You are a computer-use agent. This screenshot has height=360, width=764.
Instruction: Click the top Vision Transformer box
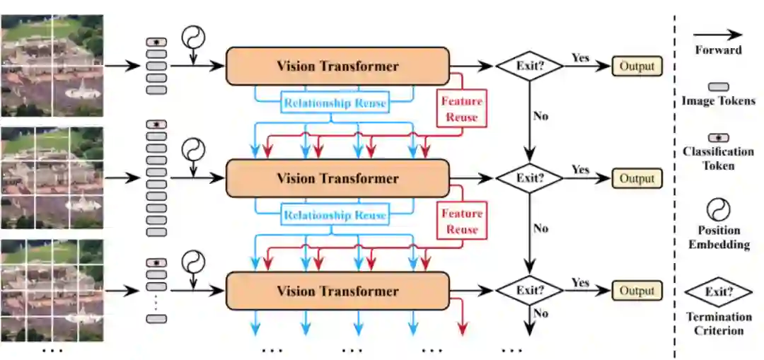(x=337, y=66)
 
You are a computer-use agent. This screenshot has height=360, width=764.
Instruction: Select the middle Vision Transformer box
(x=337, y=178)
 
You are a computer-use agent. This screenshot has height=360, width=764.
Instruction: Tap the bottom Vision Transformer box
(x=337, y=291)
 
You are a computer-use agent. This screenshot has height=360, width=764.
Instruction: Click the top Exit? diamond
(x=529, y=66)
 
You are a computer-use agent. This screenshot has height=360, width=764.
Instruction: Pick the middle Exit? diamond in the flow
(x=529, y=178)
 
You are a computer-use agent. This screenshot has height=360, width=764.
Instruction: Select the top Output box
(x=637, y=66)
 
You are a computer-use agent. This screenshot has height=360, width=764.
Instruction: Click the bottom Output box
(x=637, y=291)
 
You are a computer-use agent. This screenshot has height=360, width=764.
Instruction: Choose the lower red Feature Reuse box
(x=462, y=221)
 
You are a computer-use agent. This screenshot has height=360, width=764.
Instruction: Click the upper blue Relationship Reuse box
(x=335, y=103)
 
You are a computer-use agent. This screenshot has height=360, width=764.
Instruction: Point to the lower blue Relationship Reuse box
(x=335, y=215)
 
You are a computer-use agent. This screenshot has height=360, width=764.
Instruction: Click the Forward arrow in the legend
(x=717, y=34)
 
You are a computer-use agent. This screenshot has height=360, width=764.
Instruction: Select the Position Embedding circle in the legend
(x=719, y=209)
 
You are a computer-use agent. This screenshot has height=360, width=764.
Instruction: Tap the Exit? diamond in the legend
(x=719, y=291)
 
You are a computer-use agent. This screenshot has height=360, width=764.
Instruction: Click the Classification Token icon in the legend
(x=719, y=138)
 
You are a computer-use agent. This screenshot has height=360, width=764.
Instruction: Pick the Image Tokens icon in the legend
(x=719, y=86)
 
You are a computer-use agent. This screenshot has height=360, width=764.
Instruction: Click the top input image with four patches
(x=52, y=66)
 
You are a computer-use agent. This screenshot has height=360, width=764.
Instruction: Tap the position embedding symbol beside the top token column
(x=192, y=37)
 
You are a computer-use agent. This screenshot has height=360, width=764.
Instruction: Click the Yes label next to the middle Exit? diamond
(x=580, y=170)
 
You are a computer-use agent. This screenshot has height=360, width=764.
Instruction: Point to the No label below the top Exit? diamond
(x=541, y=115)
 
